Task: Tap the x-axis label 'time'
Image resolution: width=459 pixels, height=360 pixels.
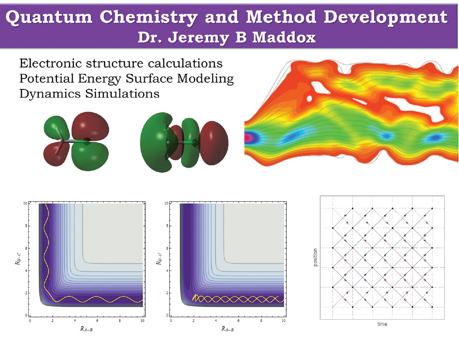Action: [x=382, y=324]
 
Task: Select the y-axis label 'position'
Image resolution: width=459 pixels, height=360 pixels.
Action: [x=315, y=258]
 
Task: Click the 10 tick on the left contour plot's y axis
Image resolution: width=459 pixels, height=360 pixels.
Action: [x=26, y=203]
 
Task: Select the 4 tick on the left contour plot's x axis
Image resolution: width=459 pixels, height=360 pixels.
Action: [x=75, y=320]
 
